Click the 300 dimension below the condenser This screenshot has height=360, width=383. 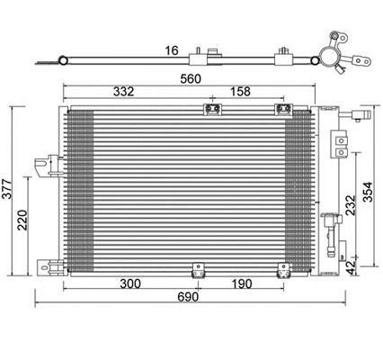tap(131, 283)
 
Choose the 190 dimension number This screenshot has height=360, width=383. tap(240, 283)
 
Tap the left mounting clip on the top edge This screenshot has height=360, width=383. tap(214, 111)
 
